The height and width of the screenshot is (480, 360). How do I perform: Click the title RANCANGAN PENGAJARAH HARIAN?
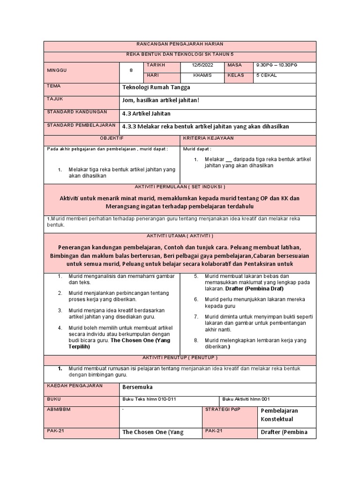tap(180, 44)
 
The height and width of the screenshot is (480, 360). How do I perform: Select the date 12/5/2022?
tap(202, 65)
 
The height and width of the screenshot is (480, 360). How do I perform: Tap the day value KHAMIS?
tap(202, 75)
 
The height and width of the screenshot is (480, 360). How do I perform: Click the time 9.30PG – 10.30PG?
tap(276, 65)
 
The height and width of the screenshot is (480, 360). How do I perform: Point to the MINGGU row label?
tap(57, 70)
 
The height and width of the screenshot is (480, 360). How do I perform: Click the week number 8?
tap(131, 70)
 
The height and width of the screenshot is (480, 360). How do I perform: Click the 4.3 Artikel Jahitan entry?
tap(146, 114)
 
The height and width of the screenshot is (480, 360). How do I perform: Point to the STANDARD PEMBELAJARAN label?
tap(81, 125)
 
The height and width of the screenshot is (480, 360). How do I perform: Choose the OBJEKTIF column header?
tap(112, 138)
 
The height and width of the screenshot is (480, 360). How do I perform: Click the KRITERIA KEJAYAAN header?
tap(208, 138)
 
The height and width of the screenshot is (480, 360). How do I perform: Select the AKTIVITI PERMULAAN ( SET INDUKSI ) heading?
tap(180, 186)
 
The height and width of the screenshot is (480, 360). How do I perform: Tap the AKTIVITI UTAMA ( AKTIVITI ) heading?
tap(180, 235)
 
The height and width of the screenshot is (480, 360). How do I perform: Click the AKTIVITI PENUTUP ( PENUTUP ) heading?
tap(180, 358)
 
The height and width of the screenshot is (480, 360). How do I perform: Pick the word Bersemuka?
tap(137, 388)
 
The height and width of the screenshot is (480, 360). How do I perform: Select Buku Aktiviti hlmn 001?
tap(247, 399)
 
